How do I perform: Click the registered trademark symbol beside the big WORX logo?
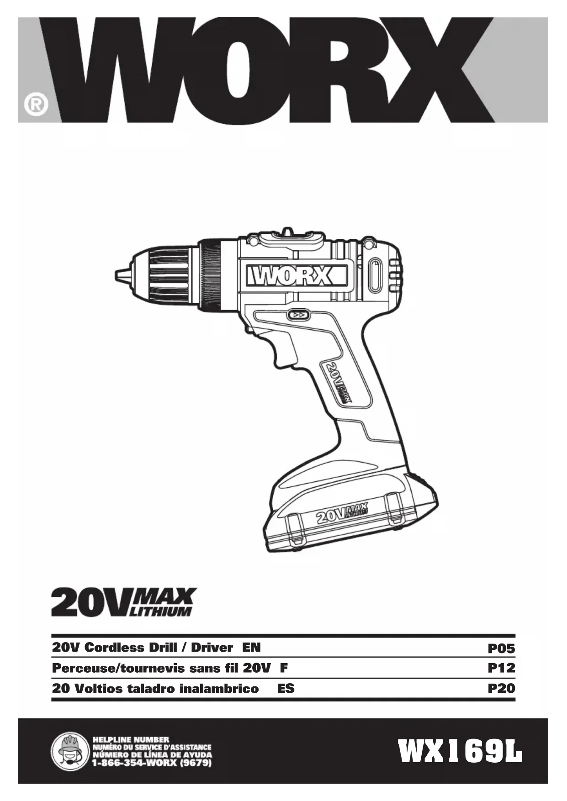[36, 105]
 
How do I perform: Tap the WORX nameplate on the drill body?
[297, 276]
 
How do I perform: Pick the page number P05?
[501, 648]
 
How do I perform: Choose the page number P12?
[501, 668]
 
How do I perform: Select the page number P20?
[501, 688]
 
